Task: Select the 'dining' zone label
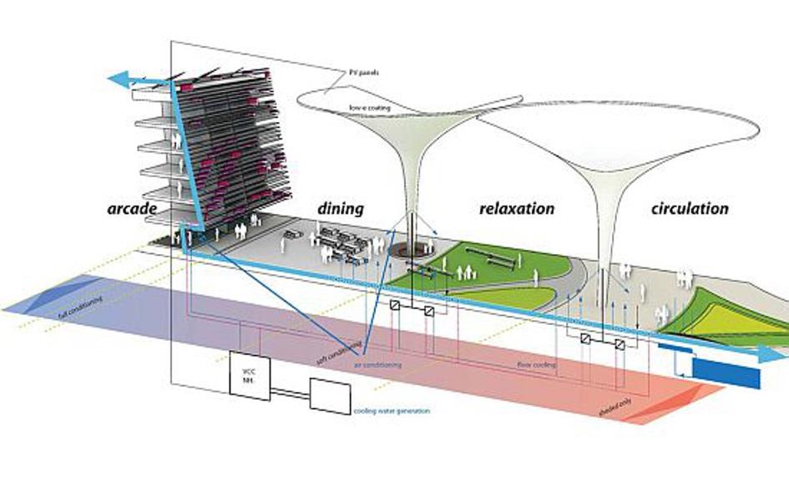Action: pyautogui.click(x=340, y=208)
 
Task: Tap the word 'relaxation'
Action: pyautogui.click(x=517, y=208)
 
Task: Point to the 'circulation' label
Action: pyautogui.click(x=689, y=208)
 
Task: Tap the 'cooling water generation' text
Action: pyautogui.click(x=390, y=411)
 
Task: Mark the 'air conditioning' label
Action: pyautogui.click(x=377, y=365)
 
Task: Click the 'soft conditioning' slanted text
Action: pyautogui.click(x=340, y=353)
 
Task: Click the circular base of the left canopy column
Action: pyautogui.click(x=412, y=250)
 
